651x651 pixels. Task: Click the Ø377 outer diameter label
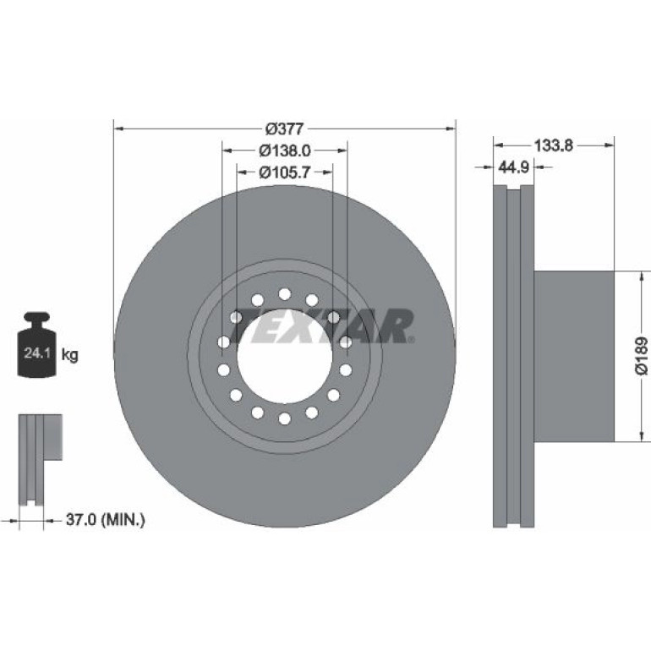tap(284, 129)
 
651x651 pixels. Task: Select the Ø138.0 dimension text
tap(285, 150)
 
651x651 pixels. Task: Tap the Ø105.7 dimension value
tap(285, 172)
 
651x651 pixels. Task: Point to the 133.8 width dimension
tap(554, 145)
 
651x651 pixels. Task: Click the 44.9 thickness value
tap(513, 167)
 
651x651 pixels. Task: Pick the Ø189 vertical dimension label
tap(642, 356)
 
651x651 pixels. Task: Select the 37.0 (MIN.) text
tap(106, 519)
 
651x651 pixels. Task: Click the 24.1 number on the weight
tap(37, 353)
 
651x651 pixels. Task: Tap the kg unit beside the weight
tap(69, 355)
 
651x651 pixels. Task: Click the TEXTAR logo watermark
tap(324, 326)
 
